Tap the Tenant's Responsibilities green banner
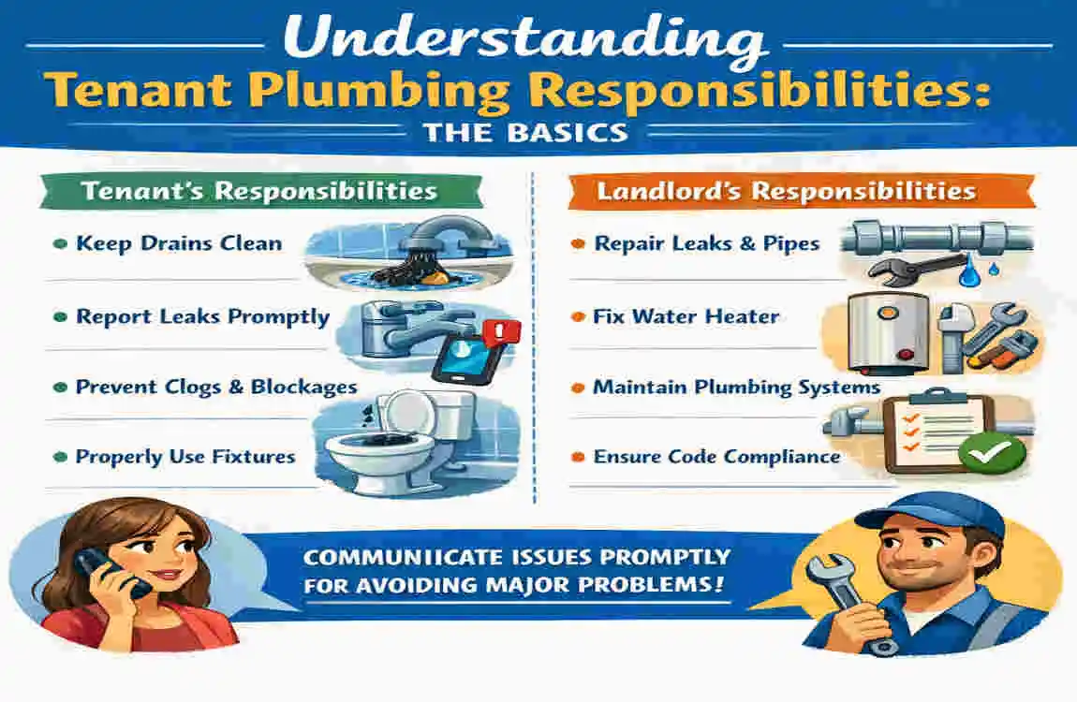tap(258, 191)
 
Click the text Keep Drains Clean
tap(178, 243)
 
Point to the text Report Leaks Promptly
tap(202, 316)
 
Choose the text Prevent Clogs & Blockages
tap(216, 386)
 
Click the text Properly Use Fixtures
tap(184, 457)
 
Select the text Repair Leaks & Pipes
tap(707, 243)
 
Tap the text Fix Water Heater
tap(686, 316)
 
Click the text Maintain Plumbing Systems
tap(736, 386)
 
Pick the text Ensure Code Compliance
tap(716, 457)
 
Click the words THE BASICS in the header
tap(524, 131)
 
